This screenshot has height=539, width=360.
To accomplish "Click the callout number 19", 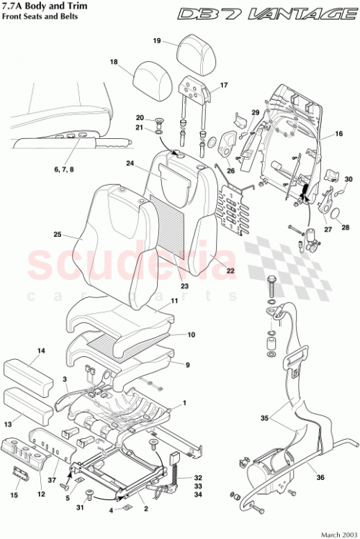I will [156, 41].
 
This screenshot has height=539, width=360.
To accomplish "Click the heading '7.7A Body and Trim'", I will [42, 7].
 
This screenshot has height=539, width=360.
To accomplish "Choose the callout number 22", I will [231, 273].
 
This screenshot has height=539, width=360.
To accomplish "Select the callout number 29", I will [254, 112].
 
